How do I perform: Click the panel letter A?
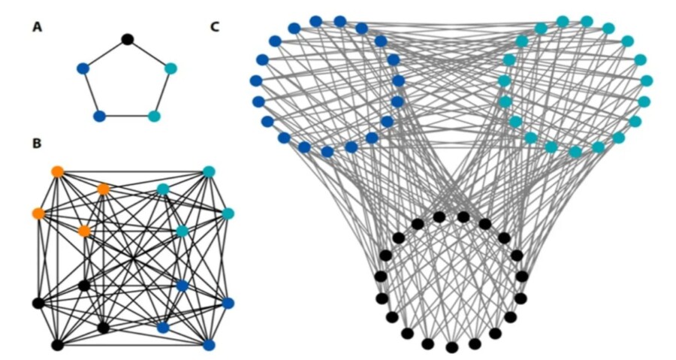[x=37, y=27]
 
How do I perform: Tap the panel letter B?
[x=37, y=143]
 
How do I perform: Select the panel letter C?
[x=215, y=27]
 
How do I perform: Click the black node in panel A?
[x=128, y=39]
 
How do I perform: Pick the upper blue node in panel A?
[x=83, y=68]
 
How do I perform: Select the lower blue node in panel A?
[x=99, y=116]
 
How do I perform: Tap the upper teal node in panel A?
[x=171, y=68]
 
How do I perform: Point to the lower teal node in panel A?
[x=154, y=116]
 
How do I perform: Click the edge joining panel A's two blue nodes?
[x=91, y=92]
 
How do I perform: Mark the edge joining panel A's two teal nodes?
[x=162, y=92]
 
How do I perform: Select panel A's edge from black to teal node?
[x=149, y=53]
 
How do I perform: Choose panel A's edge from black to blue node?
[x=105, y=53]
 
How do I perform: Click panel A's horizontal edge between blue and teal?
[x=126, y=116]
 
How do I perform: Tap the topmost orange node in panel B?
[x=57, y=171]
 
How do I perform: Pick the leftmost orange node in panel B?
[x=38, y=213]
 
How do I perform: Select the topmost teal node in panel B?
[x=209, y=171]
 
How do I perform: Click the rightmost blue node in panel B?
[x=228, y=303]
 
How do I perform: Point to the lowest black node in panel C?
[x=451, y=347]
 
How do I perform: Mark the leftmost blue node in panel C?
[x=255, y=80]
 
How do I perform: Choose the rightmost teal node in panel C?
[x=647, y=80]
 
